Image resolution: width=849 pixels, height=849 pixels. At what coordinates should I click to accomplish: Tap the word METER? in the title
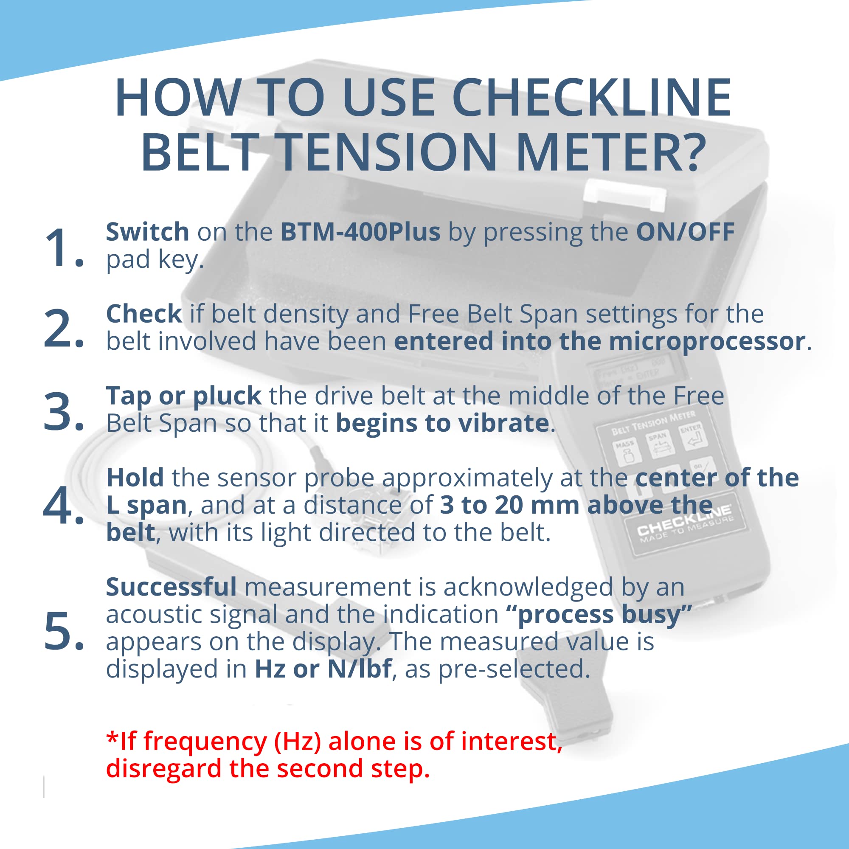[x=611, y=152]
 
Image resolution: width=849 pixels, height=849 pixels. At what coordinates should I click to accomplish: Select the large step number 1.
[x=62, y=247]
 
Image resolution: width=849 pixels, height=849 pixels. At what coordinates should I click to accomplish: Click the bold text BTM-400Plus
[x=360, y=232]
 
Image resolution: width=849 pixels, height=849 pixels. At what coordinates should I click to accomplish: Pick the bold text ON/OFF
[x=685, y=232]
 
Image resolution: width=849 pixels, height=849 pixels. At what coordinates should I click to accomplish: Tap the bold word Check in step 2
[x=144, y=314]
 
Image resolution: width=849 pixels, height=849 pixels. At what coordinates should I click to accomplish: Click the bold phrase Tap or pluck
[x=183, y=396]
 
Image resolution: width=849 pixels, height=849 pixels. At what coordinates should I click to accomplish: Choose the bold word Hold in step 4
[x=135, y=478]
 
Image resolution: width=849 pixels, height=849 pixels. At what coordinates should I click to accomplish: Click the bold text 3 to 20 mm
[x=509, y=505]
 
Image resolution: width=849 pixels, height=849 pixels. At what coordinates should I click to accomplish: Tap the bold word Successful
[x=171, y=587]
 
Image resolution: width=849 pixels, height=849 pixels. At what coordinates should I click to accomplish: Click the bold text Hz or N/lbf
[x=323, y=669]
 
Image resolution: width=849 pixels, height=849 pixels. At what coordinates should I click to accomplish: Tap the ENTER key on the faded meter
[x=693, y=436]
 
